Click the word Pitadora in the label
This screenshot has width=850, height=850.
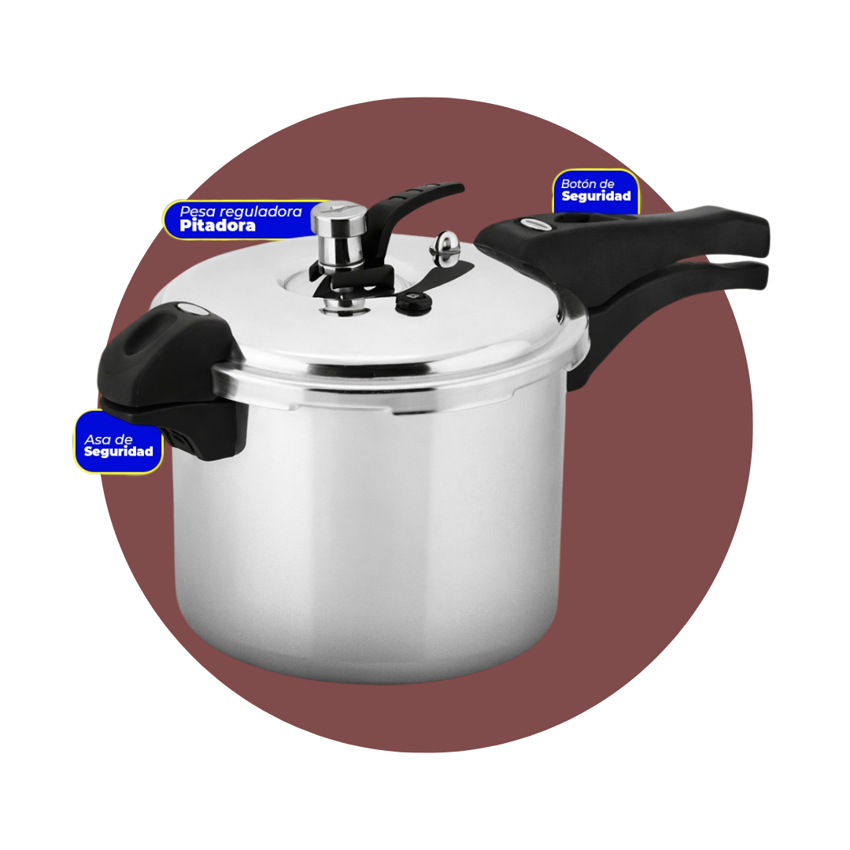point(217,226)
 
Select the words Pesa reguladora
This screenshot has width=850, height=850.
point(240,211)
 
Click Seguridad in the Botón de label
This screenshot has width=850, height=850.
point(596,197)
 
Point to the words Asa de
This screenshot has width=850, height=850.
point(108,439)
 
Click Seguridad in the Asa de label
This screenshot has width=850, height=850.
point(118,453)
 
